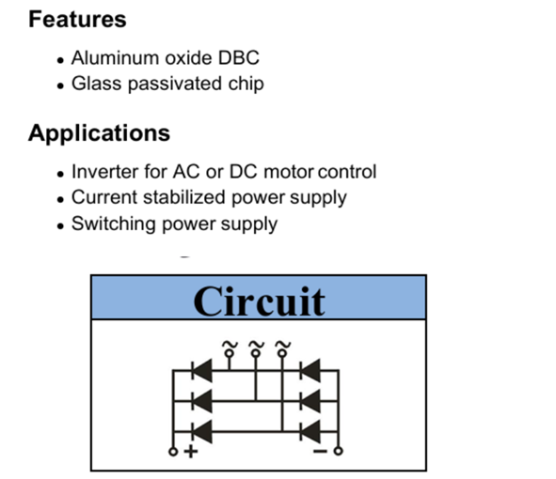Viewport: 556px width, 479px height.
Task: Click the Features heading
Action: [x=77, y=19]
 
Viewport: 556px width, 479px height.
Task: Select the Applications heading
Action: [x=100, y=133]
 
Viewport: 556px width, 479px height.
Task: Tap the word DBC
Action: [x=239, y=57]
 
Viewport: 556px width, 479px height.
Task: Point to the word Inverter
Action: [x=105, y=172]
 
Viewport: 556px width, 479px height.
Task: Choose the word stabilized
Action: [x=184, y=197]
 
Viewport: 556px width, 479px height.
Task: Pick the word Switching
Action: [x=114, y=224]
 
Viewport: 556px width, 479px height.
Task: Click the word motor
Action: [x=289, y=172]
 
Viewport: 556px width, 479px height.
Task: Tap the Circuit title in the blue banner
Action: [x=259, y=301]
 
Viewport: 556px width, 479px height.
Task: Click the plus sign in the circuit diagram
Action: [x=191, y=452]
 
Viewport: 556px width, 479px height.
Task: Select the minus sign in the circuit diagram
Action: [x=320, y=451]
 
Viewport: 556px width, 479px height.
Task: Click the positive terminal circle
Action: [x=173, y=452]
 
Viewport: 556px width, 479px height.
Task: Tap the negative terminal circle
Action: [x=339, y=451]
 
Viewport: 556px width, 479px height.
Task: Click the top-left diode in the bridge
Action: [x=201, y=370]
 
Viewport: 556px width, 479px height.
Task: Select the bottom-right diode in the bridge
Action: [x=310, y=431]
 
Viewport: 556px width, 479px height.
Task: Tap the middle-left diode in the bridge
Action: [x=201, y=401]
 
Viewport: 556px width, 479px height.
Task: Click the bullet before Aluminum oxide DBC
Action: [x=60, y=60]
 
